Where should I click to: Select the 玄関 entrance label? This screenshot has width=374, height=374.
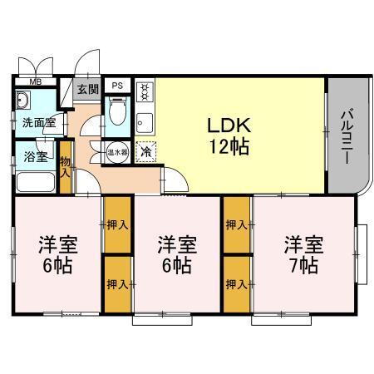tap(87, 89)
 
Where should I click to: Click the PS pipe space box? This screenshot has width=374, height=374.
tap(117, 86)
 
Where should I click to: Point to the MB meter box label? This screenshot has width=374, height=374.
tap(36, 82)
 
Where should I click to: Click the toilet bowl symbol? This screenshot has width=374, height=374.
tap(117, 111)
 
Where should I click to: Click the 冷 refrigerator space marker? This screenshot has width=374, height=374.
tap(145, 152)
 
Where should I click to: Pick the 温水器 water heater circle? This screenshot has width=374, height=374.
tap(116, 152)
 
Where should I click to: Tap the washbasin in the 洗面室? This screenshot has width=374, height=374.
tap(23, 101)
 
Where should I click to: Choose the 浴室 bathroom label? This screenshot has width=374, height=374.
tap(35, 155)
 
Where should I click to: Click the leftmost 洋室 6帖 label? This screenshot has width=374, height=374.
tap(56, 256)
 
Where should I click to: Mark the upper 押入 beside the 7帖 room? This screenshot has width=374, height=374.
tap(236, 224)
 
